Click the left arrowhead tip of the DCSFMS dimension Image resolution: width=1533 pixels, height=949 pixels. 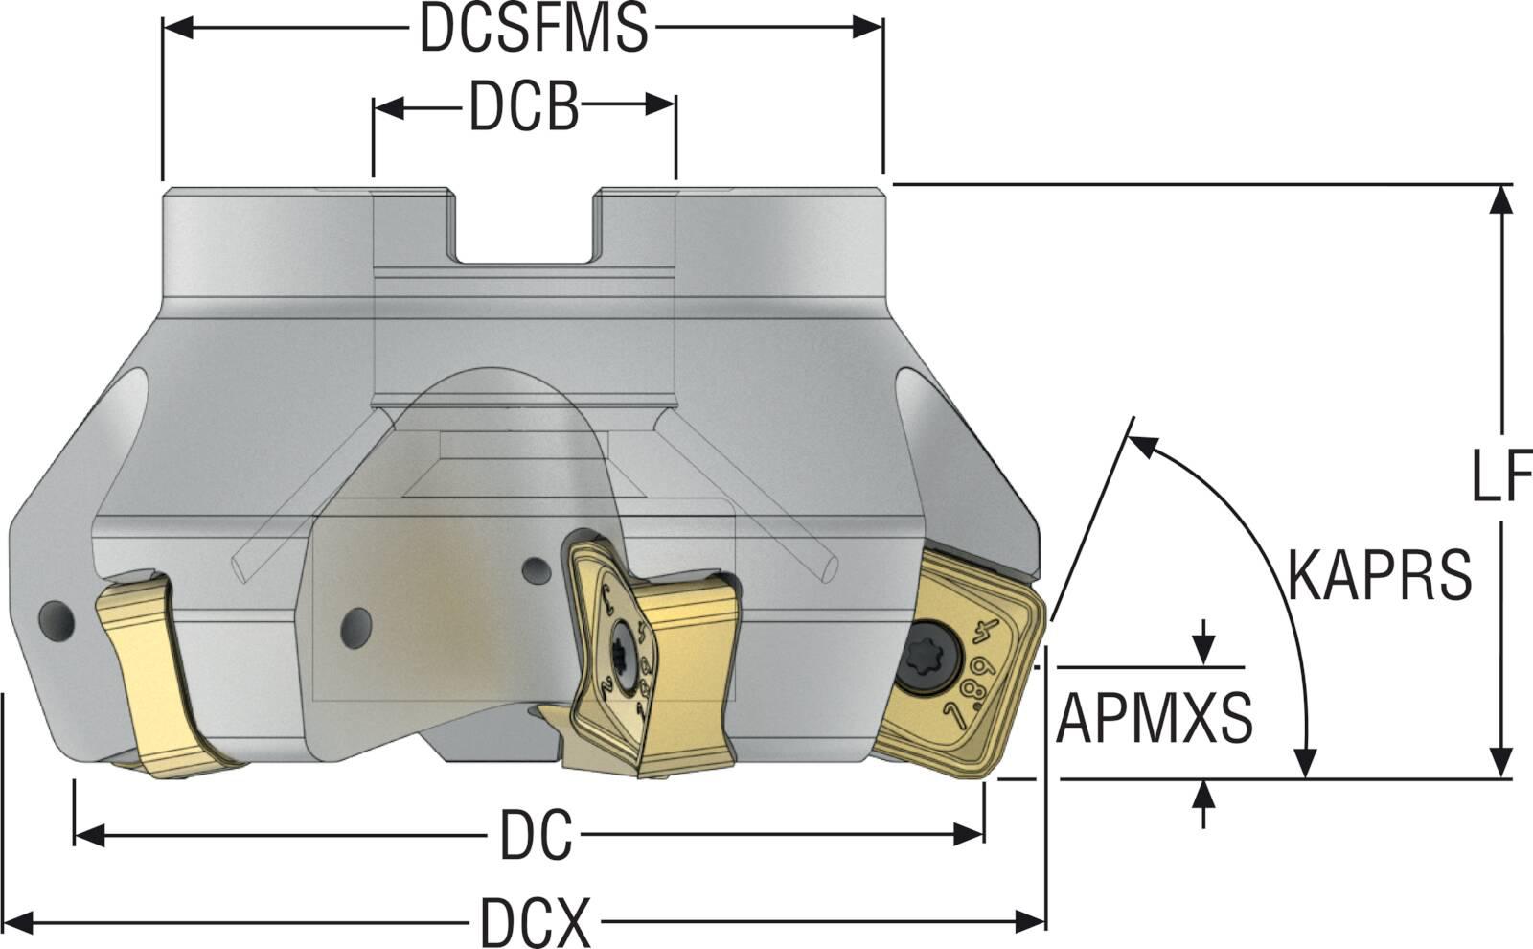pos(164,28)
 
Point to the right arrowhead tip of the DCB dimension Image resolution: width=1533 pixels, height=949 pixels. pos(675,105)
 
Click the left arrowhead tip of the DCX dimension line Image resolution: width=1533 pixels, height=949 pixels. pos(6,921)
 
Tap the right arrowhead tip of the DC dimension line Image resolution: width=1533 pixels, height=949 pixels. pos(983,835)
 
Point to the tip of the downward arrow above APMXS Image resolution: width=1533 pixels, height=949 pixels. pos(1203,665)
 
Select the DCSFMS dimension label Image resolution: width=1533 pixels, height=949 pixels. pos(534,28)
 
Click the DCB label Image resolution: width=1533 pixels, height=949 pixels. pos(524,106)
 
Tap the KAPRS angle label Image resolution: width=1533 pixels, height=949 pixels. pos(1380,576)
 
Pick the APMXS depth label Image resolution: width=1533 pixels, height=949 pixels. pos(1154,718)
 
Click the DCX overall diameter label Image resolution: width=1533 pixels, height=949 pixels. pos(536,921)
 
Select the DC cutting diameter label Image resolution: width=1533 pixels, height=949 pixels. pos(536,835)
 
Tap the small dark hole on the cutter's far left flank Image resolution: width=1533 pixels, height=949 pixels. pos(57,622)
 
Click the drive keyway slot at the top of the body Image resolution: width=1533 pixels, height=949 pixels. pos(523,226)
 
